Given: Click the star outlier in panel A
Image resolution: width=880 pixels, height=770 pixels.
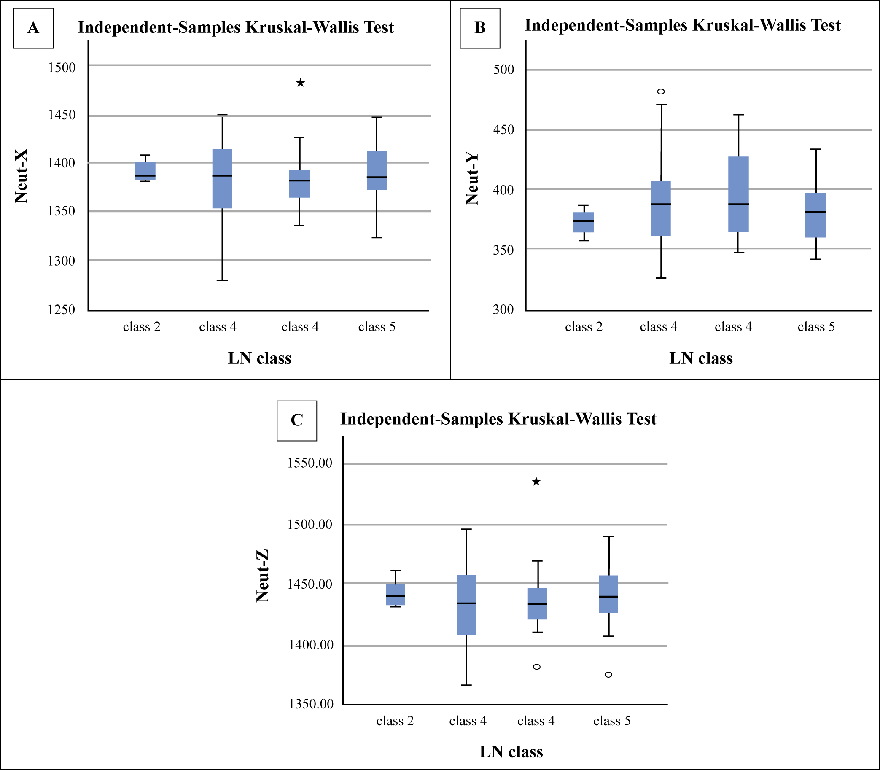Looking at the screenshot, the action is [x=300, y=83].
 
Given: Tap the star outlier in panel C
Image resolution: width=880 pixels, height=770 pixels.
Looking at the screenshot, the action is [x=536, y=481].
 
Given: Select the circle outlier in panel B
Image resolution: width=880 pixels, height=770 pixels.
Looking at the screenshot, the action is [x=661, y=92].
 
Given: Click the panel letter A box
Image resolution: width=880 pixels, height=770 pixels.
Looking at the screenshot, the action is [x=33, y=28].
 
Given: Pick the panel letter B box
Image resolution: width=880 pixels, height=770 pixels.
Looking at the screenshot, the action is [x=480, y=28].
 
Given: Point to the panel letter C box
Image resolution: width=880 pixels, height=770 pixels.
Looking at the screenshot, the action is [x=297, y=421].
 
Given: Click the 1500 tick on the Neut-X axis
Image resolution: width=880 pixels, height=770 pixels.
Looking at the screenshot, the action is [x=62, y=67].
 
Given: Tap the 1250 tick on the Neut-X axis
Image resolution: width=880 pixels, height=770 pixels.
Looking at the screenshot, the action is [x=62, y=310].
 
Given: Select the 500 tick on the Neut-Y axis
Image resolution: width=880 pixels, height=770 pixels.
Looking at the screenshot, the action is [x=503, y=69].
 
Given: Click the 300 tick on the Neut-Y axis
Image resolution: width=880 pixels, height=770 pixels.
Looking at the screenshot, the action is [x=503, y=310].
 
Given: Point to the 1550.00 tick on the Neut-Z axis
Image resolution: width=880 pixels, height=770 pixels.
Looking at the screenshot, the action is [x=310, y=463].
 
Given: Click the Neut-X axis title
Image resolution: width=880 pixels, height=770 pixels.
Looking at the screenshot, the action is [x=21, y=176].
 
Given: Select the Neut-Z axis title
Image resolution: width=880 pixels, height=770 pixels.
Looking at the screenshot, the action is [x=263, y=575].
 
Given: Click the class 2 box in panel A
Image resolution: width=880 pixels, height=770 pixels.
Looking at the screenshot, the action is [x=145, y=171].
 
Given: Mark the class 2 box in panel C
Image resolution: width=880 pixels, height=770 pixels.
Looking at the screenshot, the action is [x=396, y=595].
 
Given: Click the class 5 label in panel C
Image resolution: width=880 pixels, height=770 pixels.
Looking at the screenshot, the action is [x=612, y=721].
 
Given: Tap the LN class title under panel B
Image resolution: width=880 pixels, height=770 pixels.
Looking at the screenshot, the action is [x=701, y=358].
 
